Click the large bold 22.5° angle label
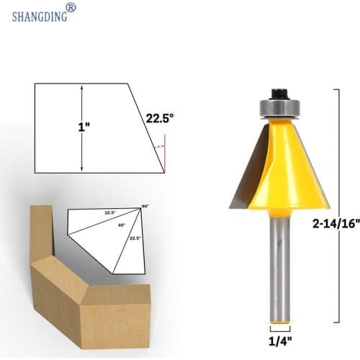click(x=159, y=119)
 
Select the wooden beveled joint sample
click(x=79, y=281)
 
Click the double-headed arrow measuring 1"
click(x=82, y=128)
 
